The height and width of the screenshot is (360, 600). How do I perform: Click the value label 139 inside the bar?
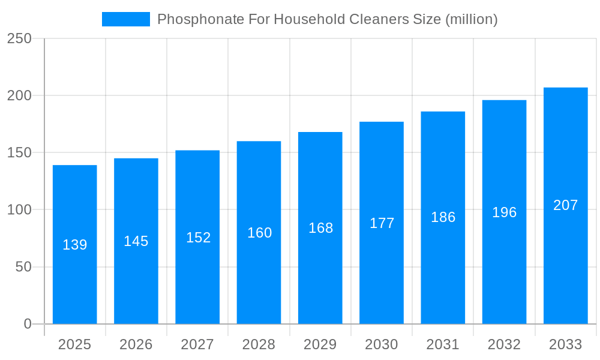click(x=75, y=245)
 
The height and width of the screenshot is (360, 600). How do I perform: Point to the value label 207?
click(x=565, y=205)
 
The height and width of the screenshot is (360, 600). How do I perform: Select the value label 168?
click(x=320, y=228)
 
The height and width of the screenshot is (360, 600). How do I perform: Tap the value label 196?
click(x=504, y=212)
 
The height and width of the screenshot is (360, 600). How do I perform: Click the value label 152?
click(x=198, y=238)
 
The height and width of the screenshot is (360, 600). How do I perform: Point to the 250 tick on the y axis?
click(x=19, y=38)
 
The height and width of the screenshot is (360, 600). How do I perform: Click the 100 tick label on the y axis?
click(x=19, y=210)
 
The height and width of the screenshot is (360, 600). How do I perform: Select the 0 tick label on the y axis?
click(x=28, y=324)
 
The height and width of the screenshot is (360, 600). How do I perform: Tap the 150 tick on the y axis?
click(x=19, y=153)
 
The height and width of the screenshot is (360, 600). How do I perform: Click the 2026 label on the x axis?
click(x=136, y=344)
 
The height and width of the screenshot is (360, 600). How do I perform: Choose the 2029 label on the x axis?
click(x=320, y=344)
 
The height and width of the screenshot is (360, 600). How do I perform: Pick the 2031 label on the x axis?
click(x=443, y=344)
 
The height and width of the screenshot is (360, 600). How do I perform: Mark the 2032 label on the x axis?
click(x=504, y=344)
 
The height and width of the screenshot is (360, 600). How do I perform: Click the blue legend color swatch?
click(x=126, y=19)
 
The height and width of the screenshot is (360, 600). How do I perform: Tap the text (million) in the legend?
click(x=471, y=19)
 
